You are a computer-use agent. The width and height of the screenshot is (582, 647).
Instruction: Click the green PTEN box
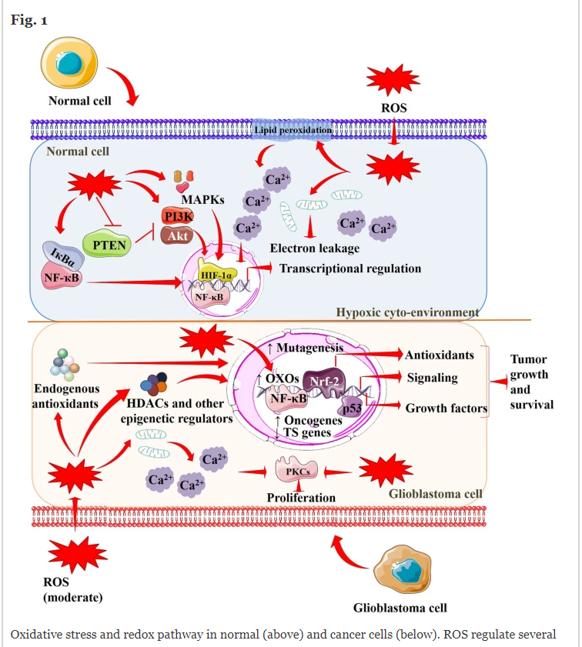point(109,245)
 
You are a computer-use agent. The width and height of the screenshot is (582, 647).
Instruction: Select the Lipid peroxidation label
point(293,131)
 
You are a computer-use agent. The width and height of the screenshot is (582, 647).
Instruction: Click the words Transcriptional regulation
point(350,268)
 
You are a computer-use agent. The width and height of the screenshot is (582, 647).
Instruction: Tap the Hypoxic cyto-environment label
point(407,312)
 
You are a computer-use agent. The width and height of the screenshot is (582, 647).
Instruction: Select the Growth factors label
point(447,408)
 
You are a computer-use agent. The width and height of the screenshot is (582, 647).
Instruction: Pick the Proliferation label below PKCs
point(301,498)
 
